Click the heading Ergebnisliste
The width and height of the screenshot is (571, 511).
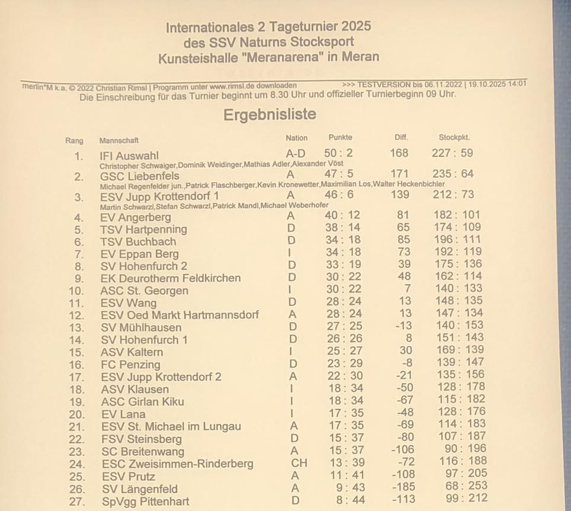(270, 114)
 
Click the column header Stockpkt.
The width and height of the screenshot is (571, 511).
(454, 138)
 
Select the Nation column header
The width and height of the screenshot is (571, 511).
(296, 138)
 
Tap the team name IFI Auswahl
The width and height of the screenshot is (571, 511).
(129, 156)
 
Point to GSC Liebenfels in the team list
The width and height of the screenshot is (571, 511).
(140, 176)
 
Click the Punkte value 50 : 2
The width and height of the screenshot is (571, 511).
(339, 154)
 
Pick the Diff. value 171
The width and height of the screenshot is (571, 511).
(399, 174)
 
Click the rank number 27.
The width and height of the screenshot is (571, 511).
(77, 502)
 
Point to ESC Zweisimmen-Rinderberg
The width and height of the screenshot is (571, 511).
(177, 464)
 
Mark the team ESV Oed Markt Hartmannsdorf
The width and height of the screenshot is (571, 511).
(179, 315)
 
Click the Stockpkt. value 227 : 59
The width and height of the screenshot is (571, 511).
(453, 153)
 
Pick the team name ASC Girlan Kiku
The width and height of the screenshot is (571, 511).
(142, 401)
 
